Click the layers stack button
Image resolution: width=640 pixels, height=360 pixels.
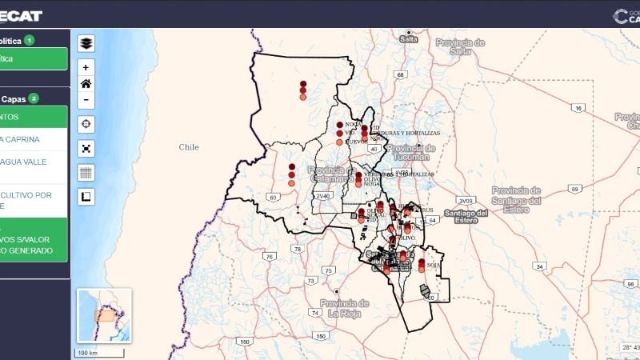coord(86,43)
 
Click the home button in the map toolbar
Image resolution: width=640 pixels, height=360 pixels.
coord(86,83)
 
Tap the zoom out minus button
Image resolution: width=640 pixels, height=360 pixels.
coord(86,99)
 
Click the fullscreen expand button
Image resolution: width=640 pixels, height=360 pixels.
coord(86,148)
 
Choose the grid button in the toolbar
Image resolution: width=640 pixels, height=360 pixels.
coord(86,172)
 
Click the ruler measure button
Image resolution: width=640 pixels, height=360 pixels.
coord(86,196)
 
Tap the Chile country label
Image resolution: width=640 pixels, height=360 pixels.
coord(189,147)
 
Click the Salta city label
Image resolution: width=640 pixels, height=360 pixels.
coord(409,39)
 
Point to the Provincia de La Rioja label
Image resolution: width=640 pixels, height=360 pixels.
coord(345,308)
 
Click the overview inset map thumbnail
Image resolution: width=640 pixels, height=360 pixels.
coord(104,315)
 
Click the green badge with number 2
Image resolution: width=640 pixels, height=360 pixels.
coord(34,98)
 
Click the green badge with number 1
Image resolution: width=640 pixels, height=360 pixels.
coord(30,40)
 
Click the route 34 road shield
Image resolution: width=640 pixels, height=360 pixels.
coord(540,266)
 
